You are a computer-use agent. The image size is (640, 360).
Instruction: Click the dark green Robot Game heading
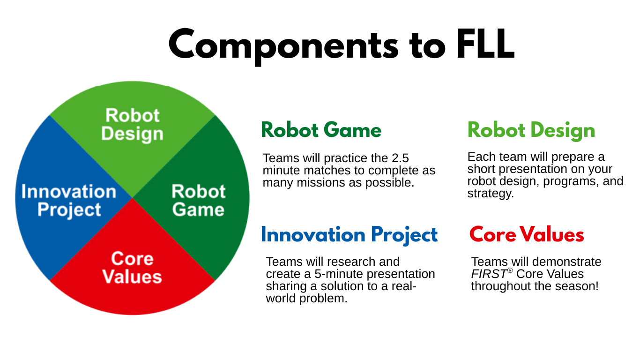click(321, 130)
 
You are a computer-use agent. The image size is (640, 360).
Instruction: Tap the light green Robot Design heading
click(531, 131)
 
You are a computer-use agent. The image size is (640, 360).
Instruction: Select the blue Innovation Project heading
click(350, 235)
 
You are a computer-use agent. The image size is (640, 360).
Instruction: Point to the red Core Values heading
click(527, 234)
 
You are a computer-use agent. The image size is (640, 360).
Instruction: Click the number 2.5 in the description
click(400, 158)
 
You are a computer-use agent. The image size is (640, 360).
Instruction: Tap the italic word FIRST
click(489, 274)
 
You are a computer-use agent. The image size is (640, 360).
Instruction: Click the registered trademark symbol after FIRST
click(510, 270)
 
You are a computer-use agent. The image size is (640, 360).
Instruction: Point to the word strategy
click(491, 194)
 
